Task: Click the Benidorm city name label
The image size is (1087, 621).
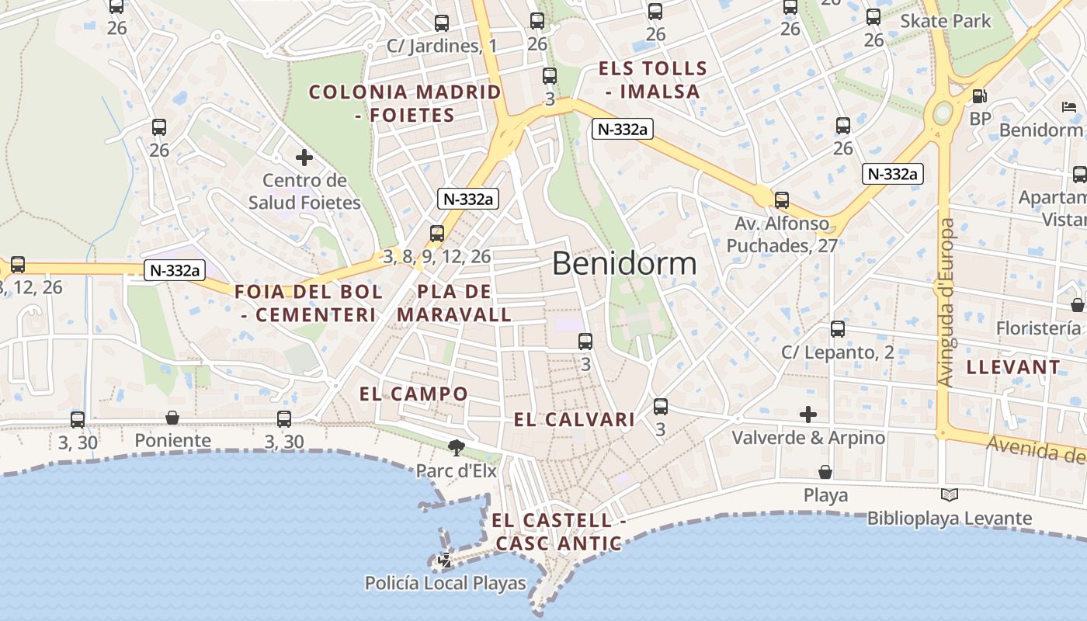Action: [624, 265]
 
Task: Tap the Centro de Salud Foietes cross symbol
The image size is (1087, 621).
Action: [304, 158]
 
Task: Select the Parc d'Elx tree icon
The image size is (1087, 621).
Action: [456, 447]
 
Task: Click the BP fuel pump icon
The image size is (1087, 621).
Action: [980, 96]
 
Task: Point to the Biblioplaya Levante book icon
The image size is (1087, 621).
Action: [949, 494]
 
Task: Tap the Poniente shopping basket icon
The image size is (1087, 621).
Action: [172, 418]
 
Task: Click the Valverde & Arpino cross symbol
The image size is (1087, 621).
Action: [808, 415]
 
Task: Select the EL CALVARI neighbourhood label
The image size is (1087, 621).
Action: [575, 420]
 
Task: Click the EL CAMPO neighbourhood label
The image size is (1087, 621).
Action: [413, 394]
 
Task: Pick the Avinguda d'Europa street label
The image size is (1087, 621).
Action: [946, 303]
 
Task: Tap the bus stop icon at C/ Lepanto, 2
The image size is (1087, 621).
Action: [837, 329]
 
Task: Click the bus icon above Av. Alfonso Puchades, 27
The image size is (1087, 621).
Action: [782, 200]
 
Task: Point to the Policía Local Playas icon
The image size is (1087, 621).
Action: [445, 559]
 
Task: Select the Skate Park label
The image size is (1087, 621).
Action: [945, 21]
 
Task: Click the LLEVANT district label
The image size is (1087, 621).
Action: [1012, 367]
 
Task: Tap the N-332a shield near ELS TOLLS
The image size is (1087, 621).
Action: [622, 129]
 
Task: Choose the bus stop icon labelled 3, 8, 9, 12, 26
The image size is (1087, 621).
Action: [437, 233]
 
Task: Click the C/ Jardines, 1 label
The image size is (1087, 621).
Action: [441, 46]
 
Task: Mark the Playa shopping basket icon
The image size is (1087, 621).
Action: [825, 472]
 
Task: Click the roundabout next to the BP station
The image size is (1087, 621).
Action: [943, 113]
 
